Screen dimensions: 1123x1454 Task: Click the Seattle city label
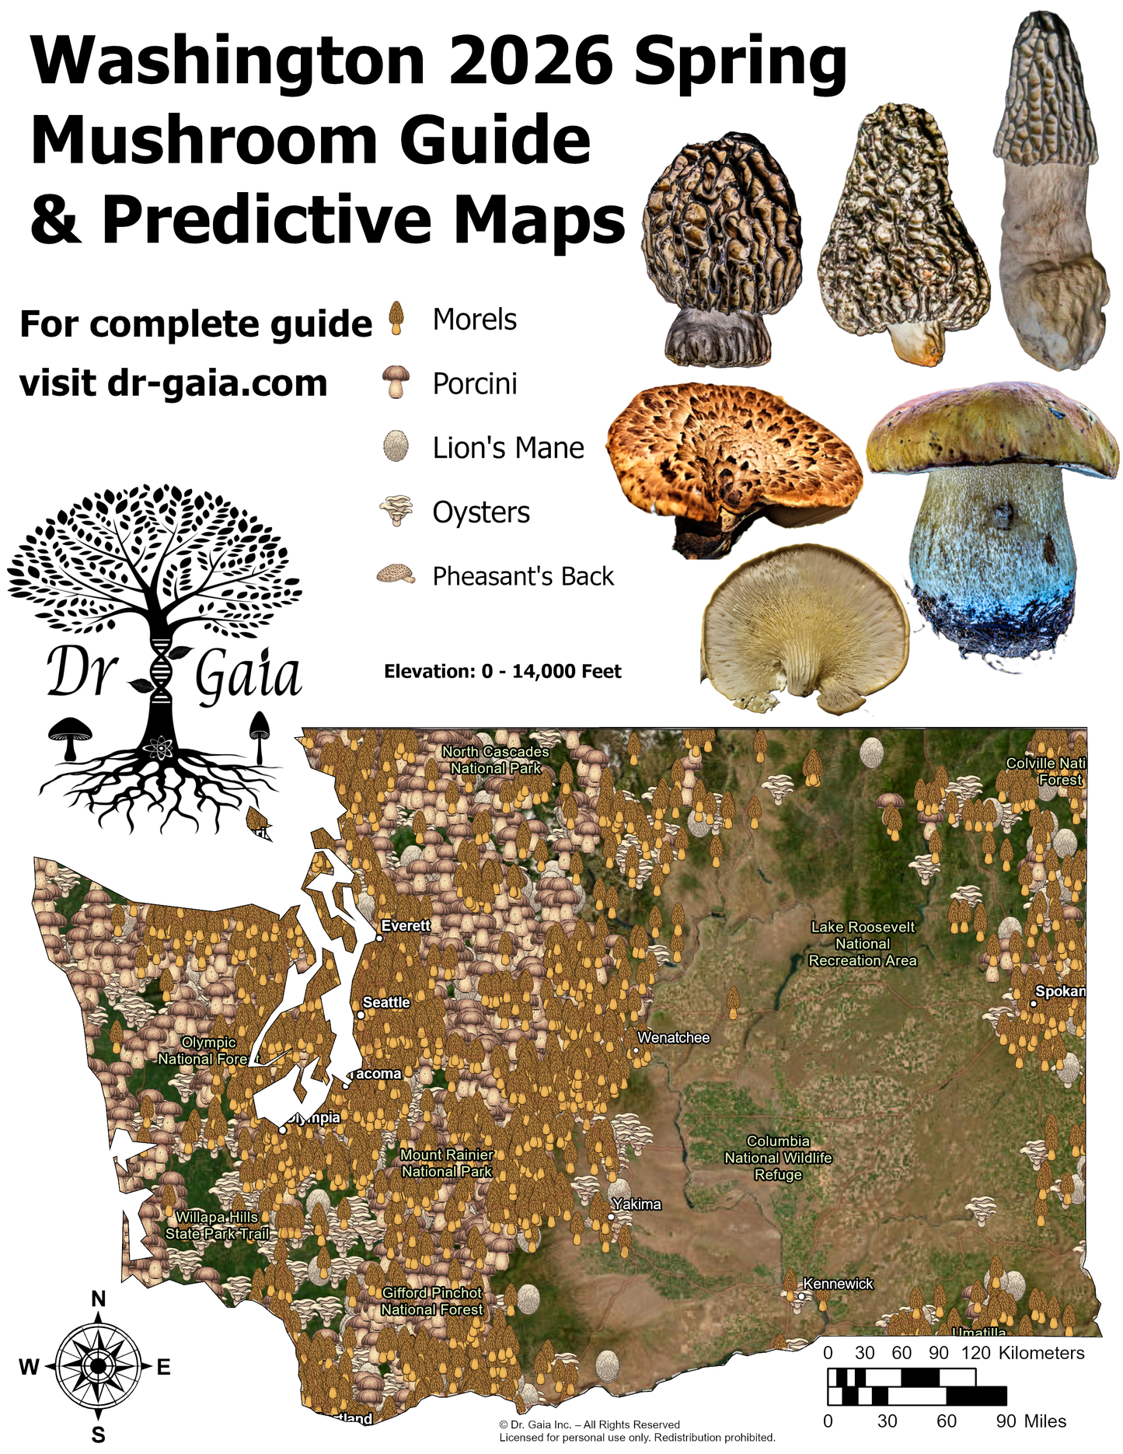point(386,1002)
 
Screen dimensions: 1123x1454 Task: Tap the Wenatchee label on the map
point(673,1037)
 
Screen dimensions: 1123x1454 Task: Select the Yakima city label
point(636,1204)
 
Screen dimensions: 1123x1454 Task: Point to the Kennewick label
point(838,1284)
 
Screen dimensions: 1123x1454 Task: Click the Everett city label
point(406,925)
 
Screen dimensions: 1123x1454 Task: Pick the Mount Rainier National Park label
point(447,1163)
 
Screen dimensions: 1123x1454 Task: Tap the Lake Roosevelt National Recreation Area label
point(863,943)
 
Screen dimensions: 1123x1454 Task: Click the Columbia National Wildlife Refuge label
point(778,1158)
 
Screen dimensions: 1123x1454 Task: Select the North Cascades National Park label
point(496,760)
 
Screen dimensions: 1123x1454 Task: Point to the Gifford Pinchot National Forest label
point(432,1301)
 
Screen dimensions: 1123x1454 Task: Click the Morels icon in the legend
point(397,319)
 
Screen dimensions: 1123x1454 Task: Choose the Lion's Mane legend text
point(508,448)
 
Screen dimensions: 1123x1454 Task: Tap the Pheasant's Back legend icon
point(396,575)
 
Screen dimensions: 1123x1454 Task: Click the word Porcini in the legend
point(475,384)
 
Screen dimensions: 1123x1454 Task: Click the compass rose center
point(98,1366)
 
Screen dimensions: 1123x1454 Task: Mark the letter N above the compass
point(99,1299)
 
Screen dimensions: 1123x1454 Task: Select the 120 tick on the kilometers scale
point(975,1353)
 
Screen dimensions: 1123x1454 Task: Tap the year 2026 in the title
point(531,62)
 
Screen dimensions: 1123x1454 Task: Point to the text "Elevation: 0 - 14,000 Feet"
point(503,672)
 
